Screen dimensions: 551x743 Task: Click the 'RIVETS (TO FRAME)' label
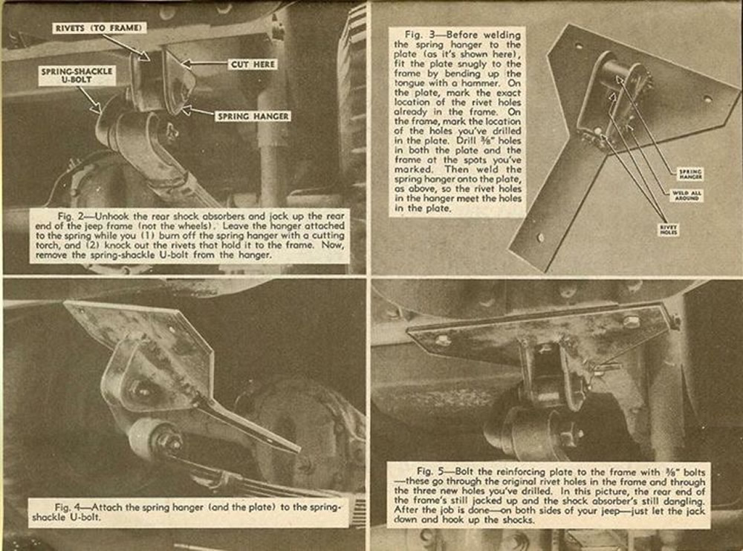click(x=98, y=28)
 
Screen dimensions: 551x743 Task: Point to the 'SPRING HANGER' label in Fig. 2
click(x=253, y=116)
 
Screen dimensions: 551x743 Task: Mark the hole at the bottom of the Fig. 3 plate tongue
click(x=540, y=238)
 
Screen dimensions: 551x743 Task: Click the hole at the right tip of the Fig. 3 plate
click(x=707, y=98)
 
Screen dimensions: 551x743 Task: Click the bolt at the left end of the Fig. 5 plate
click(x=443, y=339)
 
